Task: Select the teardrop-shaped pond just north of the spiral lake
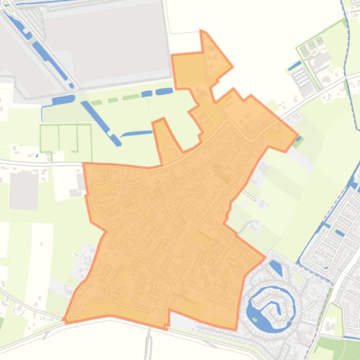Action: point(276,268)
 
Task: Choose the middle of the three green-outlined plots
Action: point(68,137)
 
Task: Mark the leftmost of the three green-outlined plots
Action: point(49,138)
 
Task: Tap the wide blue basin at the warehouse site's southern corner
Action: point(63,100)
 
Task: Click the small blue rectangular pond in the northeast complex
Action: point(294,65)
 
